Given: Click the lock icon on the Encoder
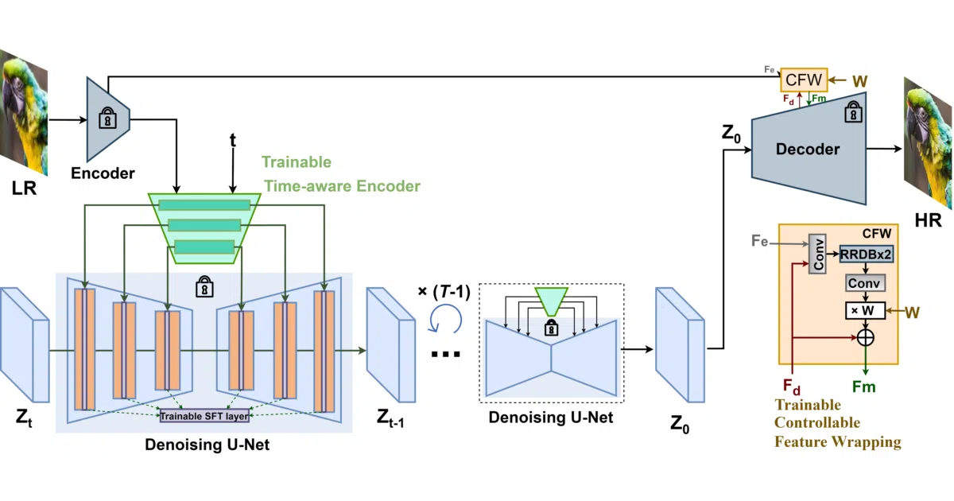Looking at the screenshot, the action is pos(108,118).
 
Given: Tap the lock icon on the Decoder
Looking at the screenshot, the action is pos(854,111).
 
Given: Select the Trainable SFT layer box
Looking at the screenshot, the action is pos(204,416).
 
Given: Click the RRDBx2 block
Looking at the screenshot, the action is pos(867,254).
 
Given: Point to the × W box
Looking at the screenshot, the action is pos(866,311).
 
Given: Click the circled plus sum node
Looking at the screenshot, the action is pos(866,338).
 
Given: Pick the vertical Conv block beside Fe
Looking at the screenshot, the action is pos(817,254).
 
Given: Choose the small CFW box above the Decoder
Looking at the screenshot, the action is pos(804,80).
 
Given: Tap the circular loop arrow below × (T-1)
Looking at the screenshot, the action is pos(445,319).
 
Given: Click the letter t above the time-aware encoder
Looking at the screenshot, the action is pos(232,140).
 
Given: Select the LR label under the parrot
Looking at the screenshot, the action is pos(25,188).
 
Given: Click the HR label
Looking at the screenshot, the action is pos(928,220).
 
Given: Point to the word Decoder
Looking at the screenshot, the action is pos(808,150).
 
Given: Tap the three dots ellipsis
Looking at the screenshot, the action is pos(445,354).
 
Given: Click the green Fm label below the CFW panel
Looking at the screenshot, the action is pos(863,386).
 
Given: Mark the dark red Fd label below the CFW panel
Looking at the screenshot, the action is pos(792,386).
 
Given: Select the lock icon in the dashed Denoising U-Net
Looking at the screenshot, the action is pos(551,328).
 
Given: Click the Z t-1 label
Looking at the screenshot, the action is pos(390,417).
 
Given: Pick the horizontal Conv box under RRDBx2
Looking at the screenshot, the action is pos(865,283).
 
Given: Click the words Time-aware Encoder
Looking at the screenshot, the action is pos(342,186).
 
